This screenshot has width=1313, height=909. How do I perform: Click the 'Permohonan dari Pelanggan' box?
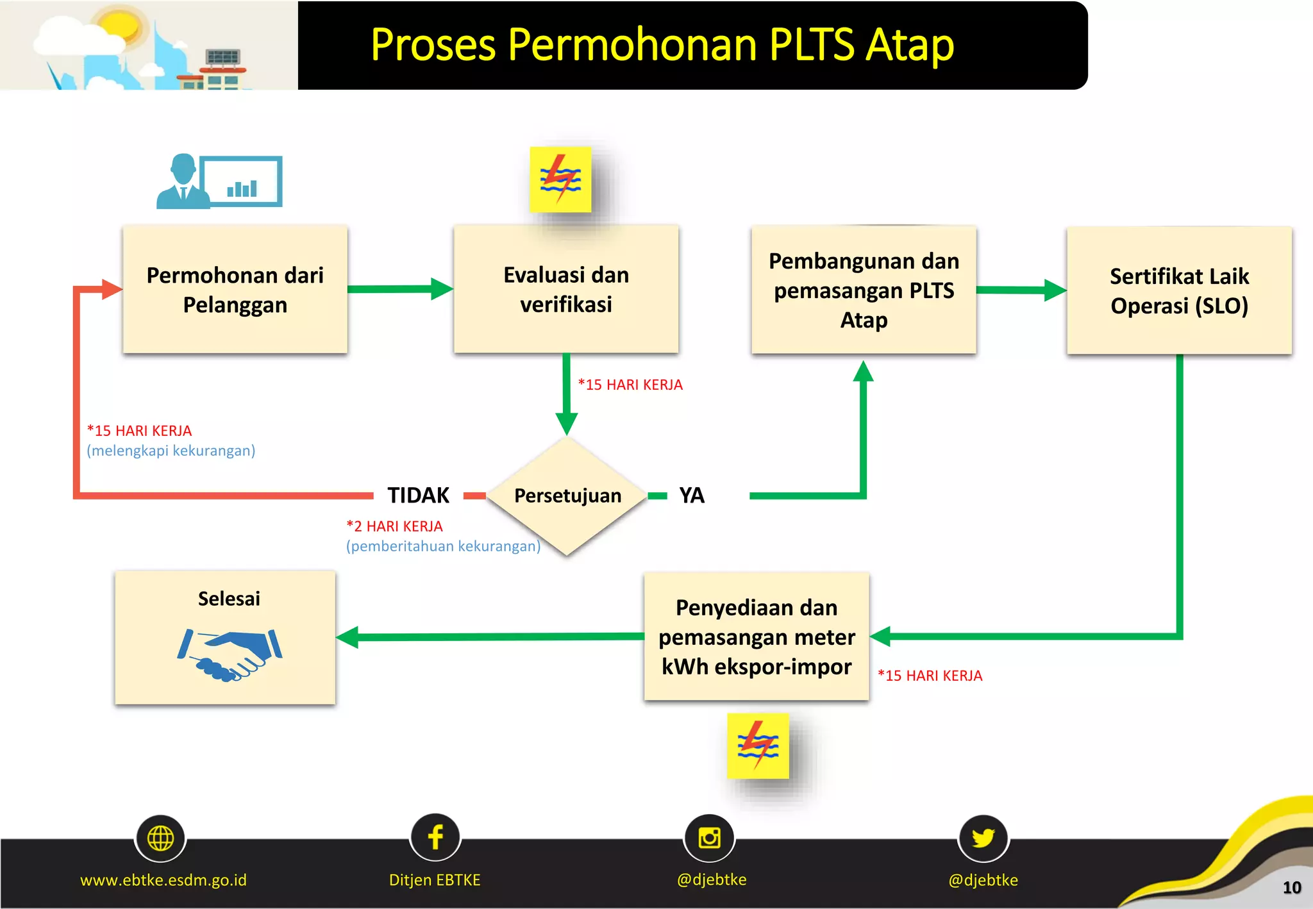pyautogui.click(x=235, y=289)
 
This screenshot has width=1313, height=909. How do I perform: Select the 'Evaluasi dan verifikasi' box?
pyautogui.click(x=565, y=289)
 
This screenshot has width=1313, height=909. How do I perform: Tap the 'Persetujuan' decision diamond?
pyautogui.click(x=567, y=496)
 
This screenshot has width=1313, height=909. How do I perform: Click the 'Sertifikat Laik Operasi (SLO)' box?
pyautogui.click(x=1179, y=290)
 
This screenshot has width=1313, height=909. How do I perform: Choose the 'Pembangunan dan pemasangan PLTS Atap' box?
pyautogui.click(x=864, y=290)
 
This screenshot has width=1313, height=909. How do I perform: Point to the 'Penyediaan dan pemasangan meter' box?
pyautogui.click(x=757, y=637)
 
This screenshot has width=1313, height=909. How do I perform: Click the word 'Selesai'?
pyautogui.click(x=229, y=599)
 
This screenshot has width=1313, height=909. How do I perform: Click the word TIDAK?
pyautogui.click(x=418, y=496)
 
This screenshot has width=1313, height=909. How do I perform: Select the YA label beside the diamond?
pyautogui.click(x=692, y=496)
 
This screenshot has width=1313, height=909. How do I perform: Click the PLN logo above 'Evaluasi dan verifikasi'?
pyautogui.click(x=560, y=179)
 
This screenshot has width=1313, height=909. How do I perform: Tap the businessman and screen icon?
pyautogui.click(x=219, y=181)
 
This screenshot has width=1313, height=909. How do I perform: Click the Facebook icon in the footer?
pyautogui.click(x=435, y=837)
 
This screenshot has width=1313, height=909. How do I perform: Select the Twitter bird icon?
pyautogui.click(x=983, y=838)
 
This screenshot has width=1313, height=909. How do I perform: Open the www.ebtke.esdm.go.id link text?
pyautogui.click(x=163, y=880)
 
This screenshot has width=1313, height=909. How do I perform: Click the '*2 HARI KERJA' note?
pyautogui.click(x=394, y=526)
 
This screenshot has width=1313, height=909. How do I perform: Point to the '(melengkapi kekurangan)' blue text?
pyautogui.click(x=171, y=451)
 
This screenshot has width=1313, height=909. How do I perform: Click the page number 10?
pyautogui.click(x=1291, y=888)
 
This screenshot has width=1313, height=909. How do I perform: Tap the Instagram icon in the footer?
pyautogui.click(x=709, y=838)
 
